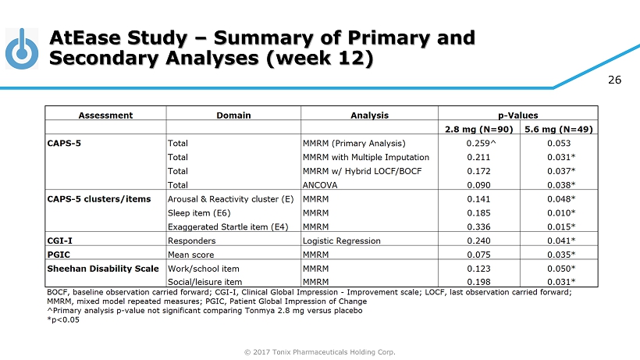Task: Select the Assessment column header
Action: (x=105, y=115)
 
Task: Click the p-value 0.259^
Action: (x=478, y=143)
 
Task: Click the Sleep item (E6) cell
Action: (x=199, y=212)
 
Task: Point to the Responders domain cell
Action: (x=192, y=241)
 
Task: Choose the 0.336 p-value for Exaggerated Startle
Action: (x=477, y=226)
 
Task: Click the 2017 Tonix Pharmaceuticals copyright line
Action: (x=320, y=351)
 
